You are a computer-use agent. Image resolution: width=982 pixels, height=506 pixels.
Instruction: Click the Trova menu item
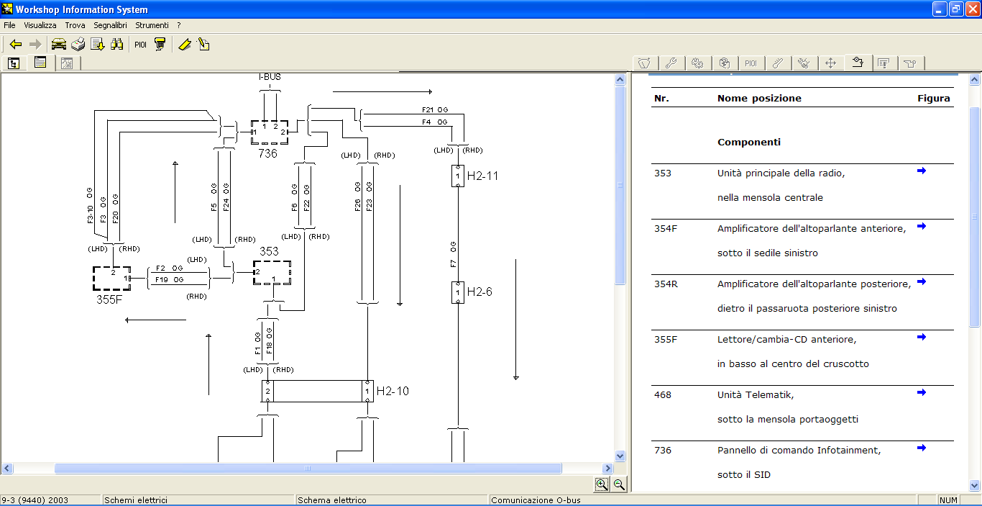click(75, 25)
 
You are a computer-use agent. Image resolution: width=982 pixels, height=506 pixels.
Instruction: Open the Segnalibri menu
click(110, 25)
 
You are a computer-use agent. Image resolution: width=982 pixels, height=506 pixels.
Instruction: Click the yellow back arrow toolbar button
click(16, 45)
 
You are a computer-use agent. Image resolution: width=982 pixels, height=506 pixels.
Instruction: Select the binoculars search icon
click(117, 44)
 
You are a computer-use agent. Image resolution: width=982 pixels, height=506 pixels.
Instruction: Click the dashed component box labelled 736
click(251, 132)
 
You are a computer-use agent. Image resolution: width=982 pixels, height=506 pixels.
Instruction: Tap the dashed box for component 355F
click(93, 279)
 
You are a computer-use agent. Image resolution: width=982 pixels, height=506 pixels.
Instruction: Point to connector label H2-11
click(482, 176)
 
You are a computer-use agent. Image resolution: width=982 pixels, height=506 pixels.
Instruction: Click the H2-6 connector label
click(479, 292)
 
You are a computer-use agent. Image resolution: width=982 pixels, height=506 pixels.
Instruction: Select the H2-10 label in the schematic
click(393, 391)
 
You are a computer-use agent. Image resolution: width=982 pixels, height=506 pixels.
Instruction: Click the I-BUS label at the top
click(270, 77)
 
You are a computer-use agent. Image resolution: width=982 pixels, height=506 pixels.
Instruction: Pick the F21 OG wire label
click(435, 109)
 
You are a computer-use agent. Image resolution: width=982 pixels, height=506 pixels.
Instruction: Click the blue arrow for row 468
click(922, 392)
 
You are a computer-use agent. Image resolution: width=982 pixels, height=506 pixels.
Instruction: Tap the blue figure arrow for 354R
click(922, 281)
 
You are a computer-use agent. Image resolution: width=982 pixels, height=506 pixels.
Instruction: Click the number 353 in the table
click(662, 173)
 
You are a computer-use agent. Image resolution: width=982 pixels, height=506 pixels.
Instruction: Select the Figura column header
click(934, 99)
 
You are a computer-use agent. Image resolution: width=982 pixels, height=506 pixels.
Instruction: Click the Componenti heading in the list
click(749, 143)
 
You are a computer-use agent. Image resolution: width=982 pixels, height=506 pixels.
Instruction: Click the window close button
click(973, 9)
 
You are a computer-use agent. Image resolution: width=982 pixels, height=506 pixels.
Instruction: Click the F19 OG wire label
click(169, 279)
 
